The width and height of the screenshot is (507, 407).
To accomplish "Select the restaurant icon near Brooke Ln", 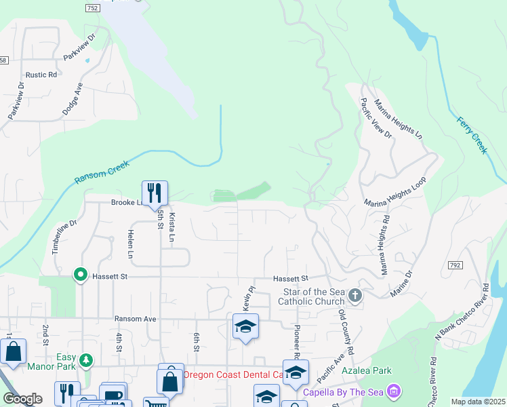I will click(x=155, y=193).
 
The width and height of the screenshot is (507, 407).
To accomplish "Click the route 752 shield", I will click(x=93, y=7).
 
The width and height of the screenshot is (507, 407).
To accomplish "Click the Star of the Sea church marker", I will click(x=355, y=296).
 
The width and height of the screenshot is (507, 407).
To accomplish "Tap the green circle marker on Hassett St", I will click(x=80, y=275).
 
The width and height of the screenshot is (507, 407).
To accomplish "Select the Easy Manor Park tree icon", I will click(x=85, y=360).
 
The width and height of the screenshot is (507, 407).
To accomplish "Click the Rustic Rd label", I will click(x=41, y=75).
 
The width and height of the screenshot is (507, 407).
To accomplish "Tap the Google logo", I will click(x=22, y=400).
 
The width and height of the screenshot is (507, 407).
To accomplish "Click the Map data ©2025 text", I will click(x=477, y=402).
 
